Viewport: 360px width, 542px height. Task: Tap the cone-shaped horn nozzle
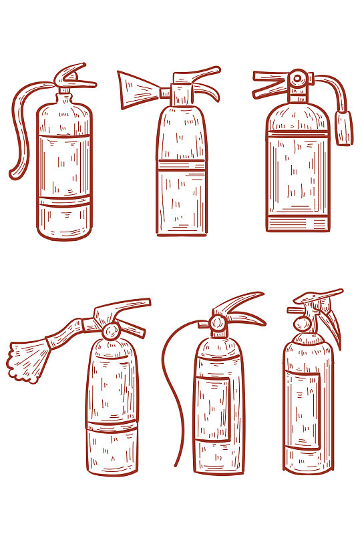pos(136,89)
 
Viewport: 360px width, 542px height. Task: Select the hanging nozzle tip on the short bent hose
pos(345,127)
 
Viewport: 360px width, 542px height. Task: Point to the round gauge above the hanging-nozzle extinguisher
pos(296,79)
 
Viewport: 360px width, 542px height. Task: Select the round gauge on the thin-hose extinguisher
pos(217,324)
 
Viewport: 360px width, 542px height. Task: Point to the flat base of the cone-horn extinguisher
pos(182,232)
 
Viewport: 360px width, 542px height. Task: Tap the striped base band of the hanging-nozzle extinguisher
pos(297,223)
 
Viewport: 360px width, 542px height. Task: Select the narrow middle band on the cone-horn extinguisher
pos(182,166)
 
